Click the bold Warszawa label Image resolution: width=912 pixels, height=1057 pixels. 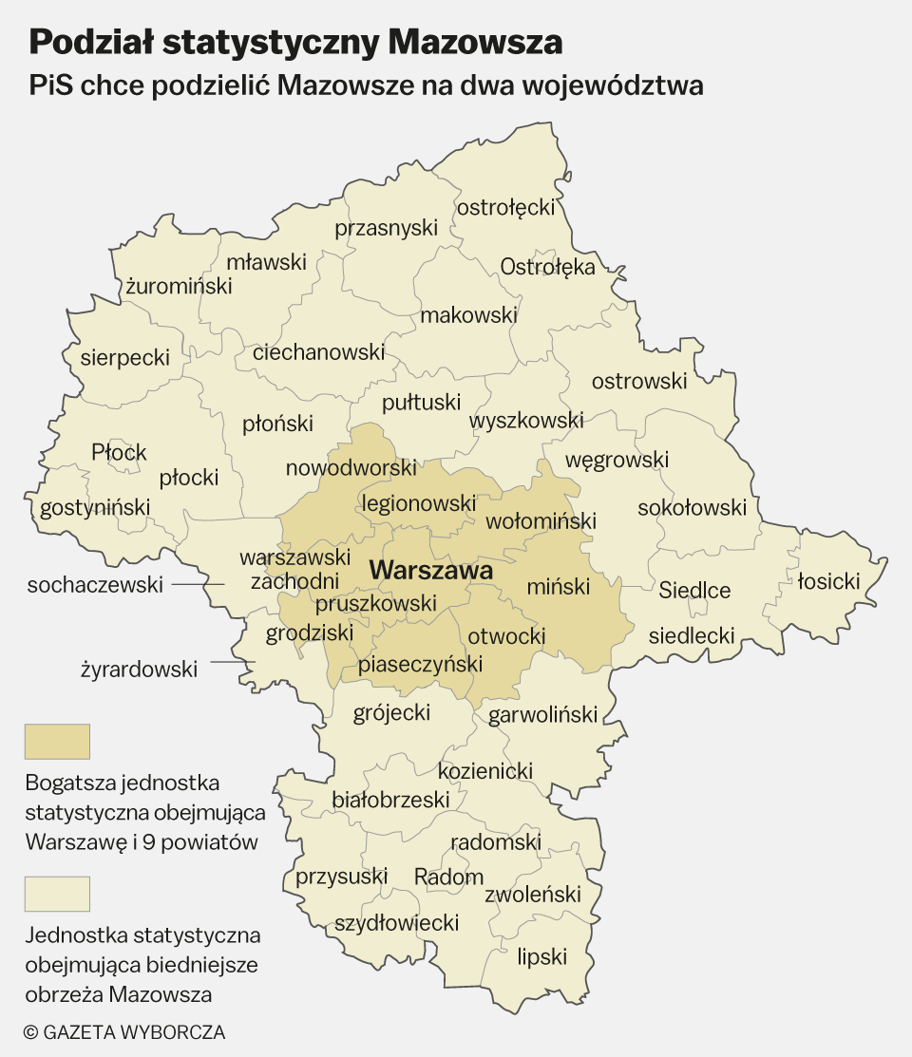pyautogui.click(x=431, y=571)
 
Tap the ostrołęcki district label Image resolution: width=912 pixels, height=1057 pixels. pyautogui.click(x=505, y=207)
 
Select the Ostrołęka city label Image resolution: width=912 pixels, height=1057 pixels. pyautogui.click(x=548, y=266)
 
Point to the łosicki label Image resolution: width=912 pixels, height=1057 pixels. pyautogui.click(x=828, y=580)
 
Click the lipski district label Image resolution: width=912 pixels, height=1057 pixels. pyautogui.click(x=542, y=956)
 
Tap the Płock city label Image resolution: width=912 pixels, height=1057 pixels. pyautogui.click(x=119, y=452)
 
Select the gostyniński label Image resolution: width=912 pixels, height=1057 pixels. pyautogui.click(x=95, y=508)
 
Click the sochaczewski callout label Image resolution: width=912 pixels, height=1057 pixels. pyautogui.click(x=95, y=585)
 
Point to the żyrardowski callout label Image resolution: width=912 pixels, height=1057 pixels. pyautogui.click(x=139, y=670)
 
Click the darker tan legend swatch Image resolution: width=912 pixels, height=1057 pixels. pyautogui.click(x=57, y=742)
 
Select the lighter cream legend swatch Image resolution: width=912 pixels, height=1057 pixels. pyautogui.click(x=57, y=894)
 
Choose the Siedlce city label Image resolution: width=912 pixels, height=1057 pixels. pyautogui.click(x=695, y=591)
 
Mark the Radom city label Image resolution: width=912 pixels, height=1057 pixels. pyautogui.click(x=449, y=877)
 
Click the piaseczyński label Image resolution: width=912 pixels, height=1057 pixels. pyautogui.click(x=420, y=665)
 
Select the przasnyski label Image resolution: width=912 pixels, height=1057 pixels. pyautogui.click(x=386, y=228)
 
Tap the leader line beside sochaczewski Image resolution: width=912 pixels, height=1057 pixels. pyautogui.click(x=199, y=585)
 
